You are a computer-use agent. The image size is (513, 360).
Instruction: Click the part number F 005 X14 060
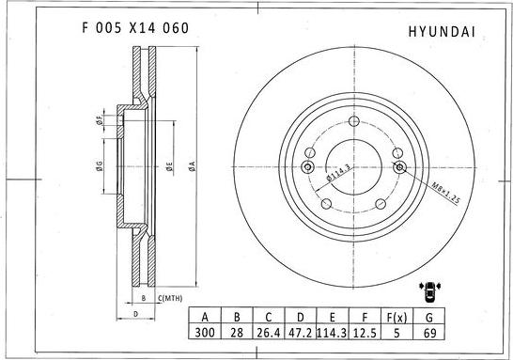point(130,28)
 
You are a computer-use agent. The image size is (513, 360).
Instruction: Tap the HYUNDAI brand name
point(442,31)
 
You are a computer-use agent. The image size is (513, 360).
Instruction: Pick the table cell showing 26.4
point(269,334)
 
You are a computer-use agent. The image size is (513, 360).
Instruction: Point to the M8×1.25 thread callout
point(444,193)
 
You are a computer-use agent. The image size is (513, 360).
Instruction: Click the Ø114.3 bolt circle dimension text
point(338,174)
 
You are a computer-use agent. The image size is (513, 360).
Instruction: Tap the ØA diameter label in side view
point(191,166)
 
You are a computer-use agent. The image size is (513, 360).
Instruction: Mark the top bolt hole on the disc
point(353,122)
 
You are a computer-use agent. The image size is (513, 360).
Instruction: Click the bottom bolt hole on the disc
point(353,213)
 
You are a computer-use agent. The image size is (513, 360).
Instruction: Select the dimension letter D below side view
point(136,313)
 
